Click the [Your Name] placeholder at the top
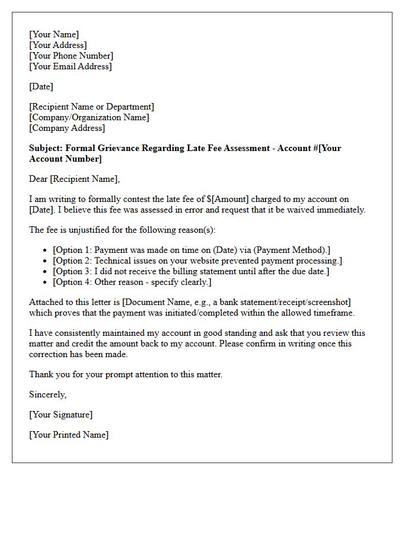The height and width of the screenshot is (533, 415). (x=54, y=34)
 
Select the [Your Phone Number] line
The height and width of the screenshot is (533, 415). (x=71, y=56)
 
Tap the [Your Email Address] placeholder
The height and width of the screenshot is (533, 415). (x=70, y=66)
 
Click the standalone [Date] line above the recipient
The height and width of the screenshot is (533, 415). (x=41, y=86)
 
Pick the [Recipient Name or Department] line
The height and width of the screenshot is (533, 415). (x=91, y=107)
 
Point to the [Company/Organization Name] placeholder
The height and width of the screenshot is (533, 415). (x=89, y=117)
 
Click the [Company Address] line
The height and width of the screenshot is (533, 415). (x=67, y=128)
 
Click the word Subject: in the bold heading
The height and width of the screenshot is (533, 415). (x=46, y=148)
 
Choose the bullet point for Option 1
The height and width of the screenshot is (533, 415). (x=190, y=250)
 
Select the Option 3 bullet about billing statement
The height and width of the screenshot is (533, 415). (x=190, y=271)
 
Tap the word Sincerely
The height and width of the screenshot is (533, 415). (x=48, y=394)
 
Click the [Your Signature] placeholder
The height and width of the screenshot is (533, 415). (x=60, y=415)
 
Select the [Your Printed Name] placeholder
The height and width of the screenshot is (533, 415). (x=69, y=435)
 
